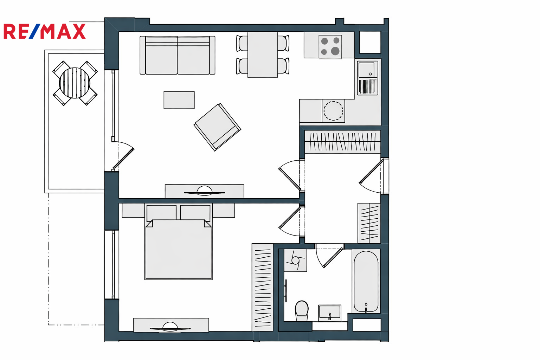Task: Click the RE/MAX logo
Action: (45, 31)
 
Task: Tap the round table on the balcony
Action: (75, 83)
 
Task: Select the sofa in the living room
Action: (178, 55)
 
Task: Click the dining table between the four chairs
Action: (263, 55)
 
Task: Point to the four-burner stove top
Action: (330, 46)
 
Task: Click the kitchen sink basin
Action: (366, 70)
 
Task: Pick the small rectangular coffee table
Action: (179, 100)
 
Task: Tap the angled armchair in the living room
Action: (217, 127)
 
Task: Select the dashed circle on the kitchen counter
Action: (333, 111)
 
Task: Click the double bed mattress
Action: (178, 249)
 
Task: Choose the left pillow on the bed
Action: (161, 212)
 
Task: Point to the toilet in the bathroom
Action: (302, 310)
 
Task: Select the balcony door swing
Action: (123, 155)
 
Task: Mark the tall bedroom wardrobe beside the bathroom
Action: (263, 288)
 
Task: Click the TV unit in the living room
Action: (204, 192)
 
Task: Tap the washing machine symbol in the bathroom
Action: (295, 261)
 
